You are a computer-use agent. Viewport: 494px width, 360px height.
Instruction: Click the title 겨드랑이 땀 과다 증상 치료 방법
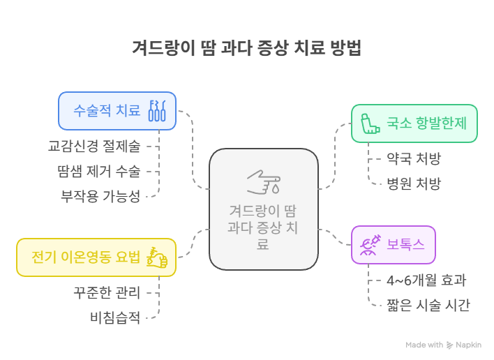246,48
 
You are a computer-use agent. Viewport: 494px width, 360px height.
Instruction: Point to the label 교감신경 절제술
94,147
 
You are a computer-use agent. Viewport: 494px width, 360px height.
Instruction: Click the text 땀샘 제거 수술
98,172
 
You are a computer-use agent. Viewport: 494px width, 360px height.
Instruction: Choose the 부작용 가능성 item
100,196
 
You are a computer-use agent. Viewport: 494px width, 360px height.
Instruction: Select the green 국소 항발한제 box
414,123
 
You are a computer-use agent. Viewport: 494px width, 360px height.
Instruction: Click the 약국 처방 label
414,158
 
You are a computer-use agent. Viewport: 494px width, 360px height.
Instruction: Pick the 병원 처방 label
414,184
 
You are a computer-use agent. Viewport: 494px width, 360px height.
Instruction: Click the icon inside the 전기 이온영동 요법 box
157,257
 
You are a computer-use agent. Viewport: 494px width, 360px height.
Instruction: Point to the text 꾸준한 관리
107,292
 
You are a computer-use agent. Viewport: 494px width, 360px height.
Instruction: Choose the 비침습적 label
115,318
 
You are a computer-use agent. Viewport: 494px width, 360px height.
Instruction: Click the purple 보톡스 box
393,245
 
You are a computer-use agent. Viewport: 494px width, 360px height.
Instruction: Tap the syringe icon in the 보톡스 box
369,245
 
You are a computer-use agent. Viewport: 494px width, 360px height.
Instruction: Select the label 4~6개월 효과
426,280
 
